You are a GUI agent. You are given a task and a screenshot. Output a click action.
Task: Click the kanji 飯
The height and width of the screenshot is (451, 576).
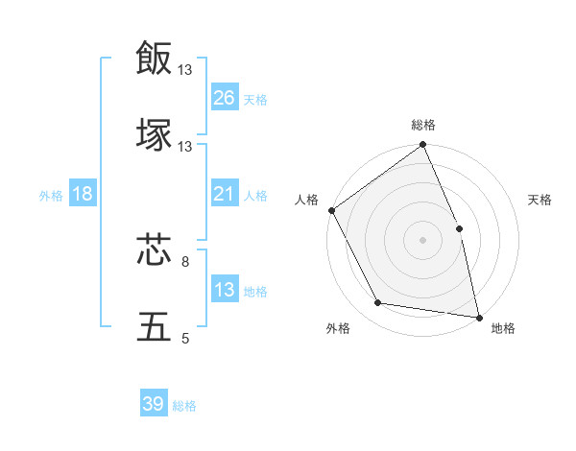click(154, 58)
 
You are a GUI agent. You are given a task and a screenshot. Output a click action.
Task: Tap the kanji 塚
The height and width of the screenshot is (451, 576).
click(154, 134)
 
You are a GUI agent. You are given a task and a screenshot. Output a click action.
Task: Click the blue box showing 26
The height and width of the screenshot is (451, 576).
click(224, 98)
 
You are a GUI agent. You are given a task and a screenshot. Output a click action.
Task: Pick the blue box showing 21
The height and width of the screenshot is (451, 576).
click(224, 195)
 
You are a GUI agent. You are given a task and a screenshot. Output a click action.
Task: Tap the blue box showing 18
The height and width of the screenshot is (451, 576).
click(83, 195)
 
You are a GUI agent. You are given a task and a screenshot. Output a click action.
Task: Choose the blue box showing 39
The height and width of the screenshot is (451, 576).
click(154, 405)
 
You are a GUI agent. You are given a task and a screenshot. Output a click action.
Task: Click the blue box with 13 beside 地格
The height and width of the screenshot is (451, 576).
click(224, 291)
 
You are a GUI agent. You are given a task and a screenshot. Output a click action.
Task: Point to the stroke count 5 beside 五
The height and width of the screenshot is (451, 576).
click(185, 339)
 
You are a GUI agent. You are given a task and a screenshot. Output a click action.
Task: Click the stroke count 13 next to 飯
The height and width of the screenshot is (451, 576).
click(185, 69)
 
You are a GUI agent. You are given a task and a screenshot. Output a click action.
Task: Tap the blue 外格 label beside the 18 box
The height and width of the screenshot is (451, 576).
click(51, 196)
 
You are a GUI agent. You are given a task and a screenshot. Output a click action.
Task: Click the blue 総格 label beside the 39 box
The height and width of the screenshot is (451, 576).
click(184, 406)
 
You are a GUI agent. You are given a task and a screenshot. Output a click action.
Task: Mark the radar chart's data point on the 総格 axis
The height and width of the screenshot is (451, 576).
click(422, 146)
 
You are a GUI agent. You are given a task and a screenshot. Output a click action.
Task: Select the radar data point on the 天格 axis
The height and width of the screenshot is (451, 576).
click(459, 228)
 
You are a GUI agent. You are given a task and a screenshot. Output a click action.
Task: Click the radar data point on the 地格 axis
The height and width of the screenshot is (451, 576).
click(479, 317)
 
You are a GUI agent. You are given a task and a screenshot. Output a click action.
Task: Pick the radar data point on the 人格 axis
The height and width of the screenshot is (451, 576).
click(331, 210)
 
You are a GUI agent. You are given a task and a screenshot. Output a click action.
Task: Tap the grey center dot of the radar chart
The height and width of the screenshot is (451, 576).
click(422, 240)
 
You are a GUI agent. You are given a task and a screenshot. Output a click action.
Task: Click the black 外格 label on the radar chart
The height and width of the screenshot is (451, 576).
click(338, 329)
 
